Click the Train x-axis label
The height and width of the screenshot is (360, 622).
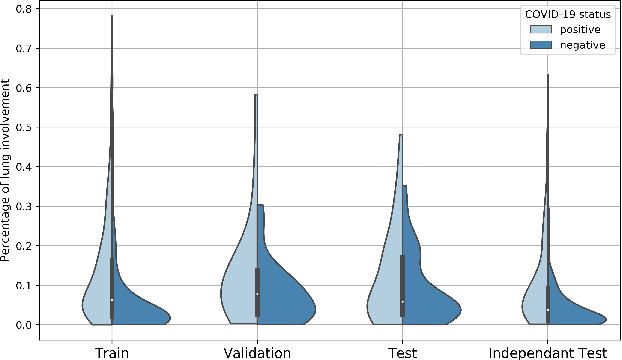[x=112, y=351]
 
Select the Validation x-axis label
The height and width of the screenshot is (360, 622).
[x=257, y=351]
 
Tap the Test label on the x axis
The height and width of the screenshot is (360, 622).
[x=402, y=351]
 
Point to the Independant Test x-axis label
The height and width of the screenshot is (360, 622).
[x=547, y=351]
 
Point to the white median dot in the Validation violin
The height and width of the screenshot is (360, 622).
[x=257, y=294]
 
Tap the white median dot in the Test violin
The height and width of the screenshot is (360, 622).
[x=402, y=301]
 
